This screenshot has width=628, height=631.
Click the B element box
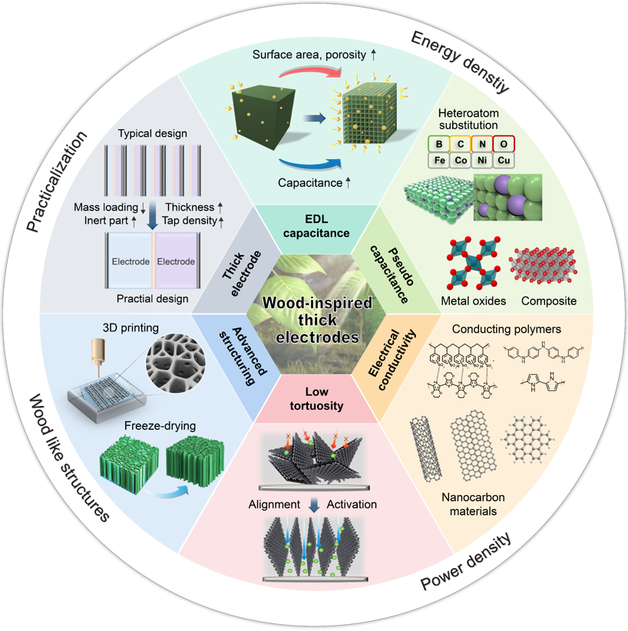click(x=439, y=143)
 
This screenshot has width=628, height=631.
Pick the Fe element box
click(x=439, y=160)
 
